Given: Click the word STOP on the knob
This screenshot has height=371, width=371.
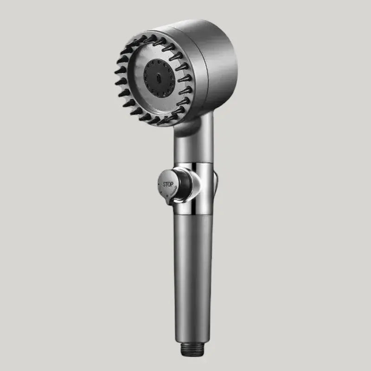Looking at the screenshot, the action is click(168, 184).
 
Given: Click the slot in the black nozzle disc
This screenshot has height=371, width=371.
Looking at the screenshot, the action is click(158, 77).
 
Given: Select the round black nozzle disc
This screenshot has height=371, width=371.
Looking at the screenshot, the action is click(159, 77).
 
